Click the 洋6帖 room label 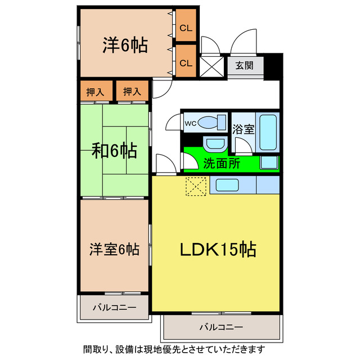(125, 45)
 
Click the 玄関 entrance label (244, 65)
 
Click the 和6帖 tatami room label (114, 150)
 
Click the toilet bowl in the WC (210, 122)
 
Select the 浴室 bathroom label (244, 128)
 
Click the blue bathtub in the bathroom (268, 133)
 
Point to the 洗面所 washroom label (222, 164)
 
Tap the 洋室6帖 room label (114, 248)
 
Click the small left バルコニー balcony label (114, 308)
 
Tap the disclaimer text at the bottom (179, 349)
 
